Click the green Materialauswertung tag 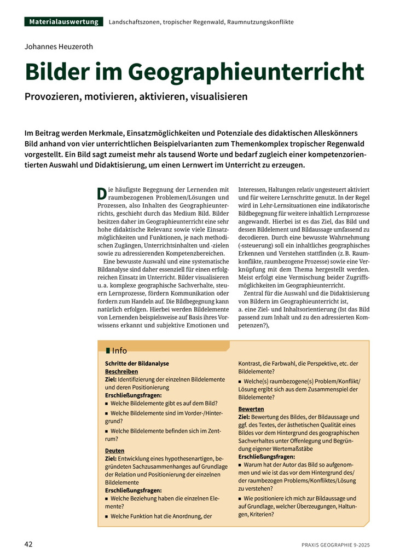pyautogui.click(x=63, y=22)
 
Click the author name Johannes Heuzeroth pyautogui.click(x=59, y=47)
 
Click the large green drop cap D pyautogui.click(x=101, y=193)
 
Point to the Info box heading pyautogui.click(x=119, y=350)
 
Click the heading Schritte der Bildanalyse pyautogui.click(x=137, y=364)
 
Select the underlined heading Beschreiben pyautogui.click(x=121, y=371)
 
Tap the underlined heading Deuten pyautogui.click(x=114, y=450)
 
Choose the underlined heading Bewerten pyautogui.click(x=251, y=409)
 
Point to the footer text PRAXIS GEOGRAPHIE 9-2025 pyautogui.click(x=335, y=545)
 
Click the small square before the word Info pyautogui.click(x=108, y=350)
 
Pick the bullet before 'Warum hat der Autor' pyautogui.click(x=240, y=464)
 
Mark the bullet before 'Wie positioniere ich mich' pyautogui.click(x=240, y=499)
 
